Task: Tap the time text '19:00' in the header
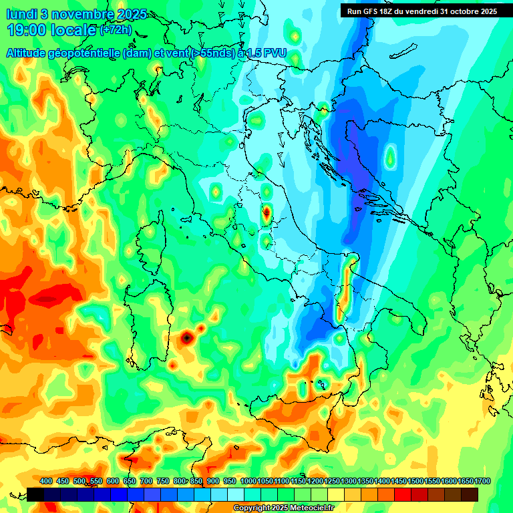[x=27, y=30]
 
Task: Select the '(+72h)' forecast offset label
[x=116, y=30]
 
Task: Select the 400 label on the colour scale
[x=46, y=481]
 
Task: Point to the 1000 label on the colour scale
[x=248, y=481]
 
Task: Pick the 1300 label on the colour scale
[x=349, y=481]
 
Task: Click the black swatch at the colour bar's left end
[x=35, y=494]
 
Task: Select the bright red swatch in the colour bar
[x=403, y=494]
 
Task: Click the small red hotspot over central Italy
[x=266, y=214]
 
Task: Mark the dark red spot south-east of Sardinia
[x=186, y=338]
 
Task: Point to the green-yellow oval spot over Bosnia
[x=389, y=158]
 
